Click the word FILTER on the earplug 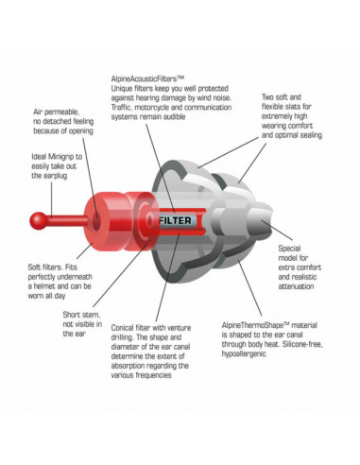tap(175, 220)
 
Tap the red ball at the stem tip tap(39, 221)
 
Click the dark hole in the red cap tap(95, 220)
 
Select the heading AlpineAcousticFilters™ tap(147, 78)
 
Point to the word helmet tap(46, 286)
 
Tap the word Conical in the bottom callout tap(122, 328)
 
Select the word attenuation tap(296, 286)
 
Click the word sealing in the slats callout tap(310, 135)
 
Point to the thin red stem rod tap(67, 220)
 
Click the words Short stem tap(81, 315)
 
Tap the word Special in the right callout tap(289, 249)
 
